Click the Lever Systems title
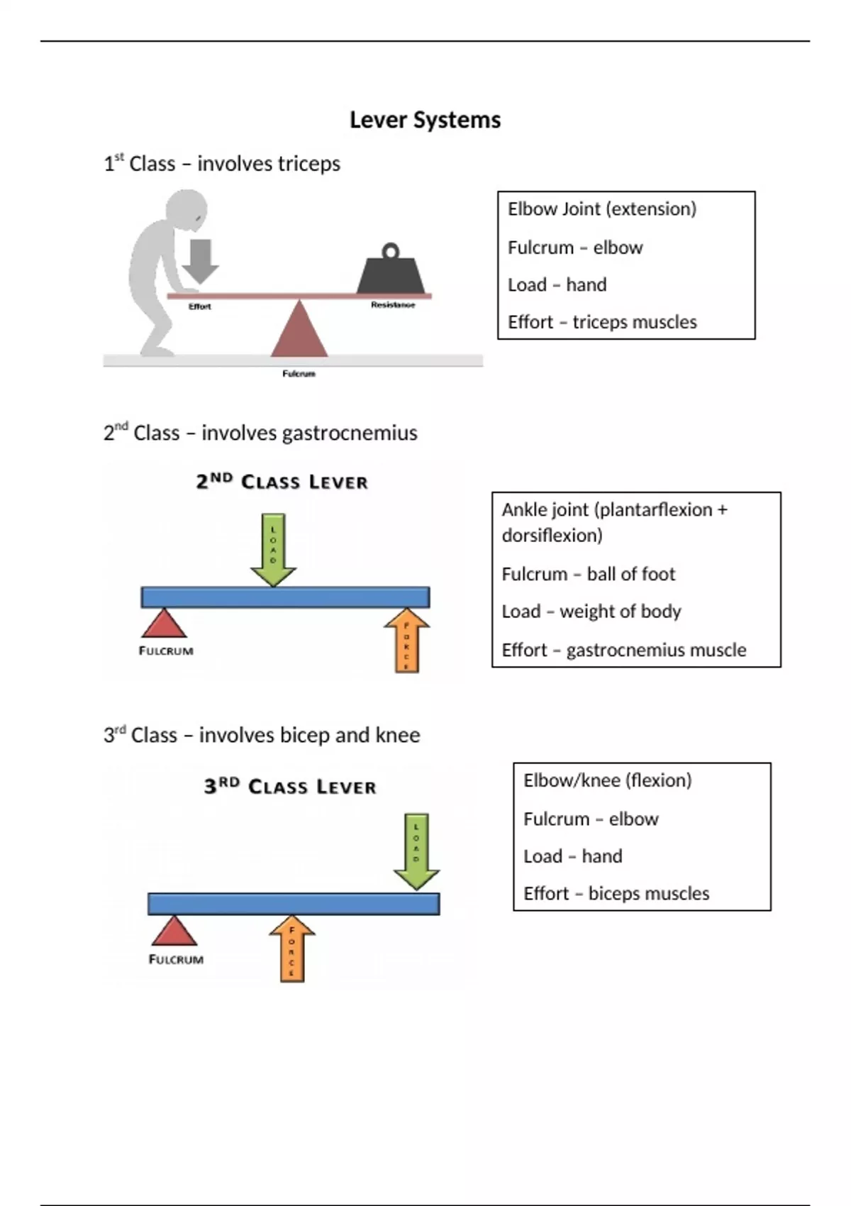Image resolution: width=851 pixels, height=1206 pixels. point(425,120)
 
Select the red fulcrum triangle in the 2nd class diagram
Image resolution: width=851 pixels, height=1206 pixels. point(164,624)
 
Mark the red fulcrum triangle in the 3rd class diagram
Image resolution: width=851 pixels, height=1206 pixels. point(174,931)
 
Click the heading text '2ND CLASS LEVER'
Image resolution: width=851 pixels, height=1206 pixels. point(282,482)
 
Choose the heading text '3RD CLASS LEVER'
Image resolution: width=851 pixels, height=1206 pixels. point(290,787)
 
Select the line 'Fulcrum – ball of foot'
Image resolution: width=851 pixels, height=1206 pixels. point(588,574)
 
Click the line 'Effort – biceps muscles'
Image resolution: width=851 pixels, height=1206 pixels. point(616,893)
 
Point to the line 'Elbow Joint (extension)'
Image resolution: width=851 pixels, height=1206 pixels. point(601,209)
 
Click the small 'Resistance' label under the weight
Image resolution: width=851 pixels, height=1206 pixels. point(393,305)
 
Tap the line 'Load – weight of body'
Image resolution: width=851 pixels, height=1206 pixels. point(591,612)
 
